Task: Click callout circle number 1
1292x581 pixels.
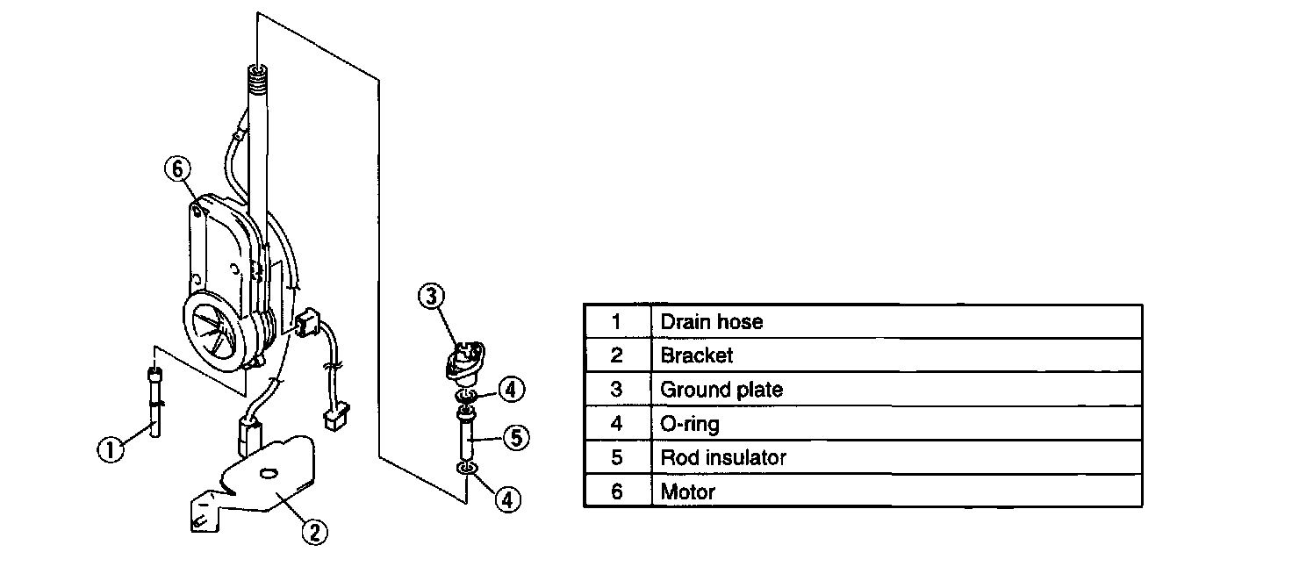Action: click(x=109, y=450)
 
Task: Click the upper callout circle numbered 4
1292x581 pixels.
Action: click(x=513, y=388)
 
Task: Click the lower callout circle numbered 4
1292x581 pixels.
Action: click(x=507, y=499)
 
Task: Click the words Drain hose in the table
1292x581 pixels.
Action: click(x=711, y=321)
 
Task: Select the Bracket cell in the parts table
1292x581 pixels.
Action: click(x=696, y=355)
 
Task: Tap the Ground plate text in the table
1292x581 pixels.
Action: click(x=721, y=389)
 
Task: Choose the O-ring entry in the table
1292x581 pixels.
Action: click(x=690, y=423)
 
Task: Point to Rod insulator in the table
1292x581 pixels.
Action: click(x=723, y=457)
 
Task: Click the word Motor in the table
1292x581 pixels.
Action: click(x=688, y=491)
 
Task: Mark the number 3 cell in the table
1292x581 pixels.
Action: click(x=616, y=389)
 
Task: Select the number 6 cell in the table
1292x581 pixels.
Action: click(x=616, y=491)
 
